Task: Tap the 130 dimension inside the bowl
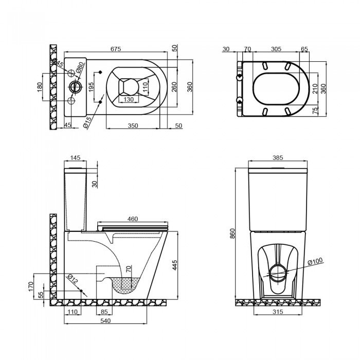tap(129, 99)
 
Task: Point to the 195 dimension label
tap(92, 87)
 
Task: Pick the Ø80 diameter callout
tap(80, 67)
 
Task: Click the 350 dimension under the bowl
tap(133, 125)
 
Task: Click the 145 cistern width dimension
tap(75, 158)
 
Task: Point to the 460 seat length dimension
tap(132, 219)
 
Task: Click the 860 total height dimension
tap(232, 234)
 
